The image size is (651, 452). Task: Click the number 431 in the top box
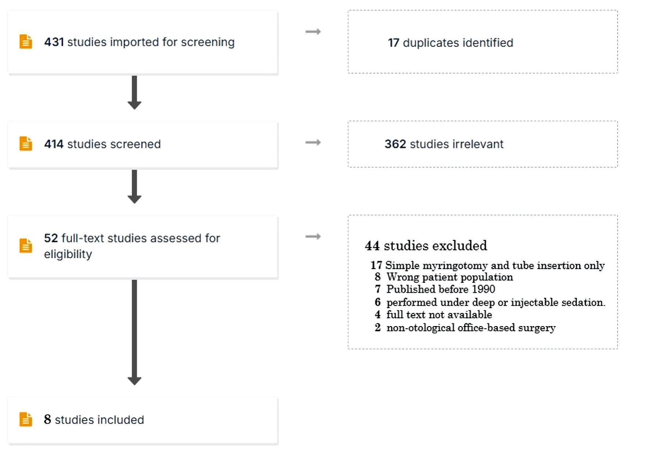54,42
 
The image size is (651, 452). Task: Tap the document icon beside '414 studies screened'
26,144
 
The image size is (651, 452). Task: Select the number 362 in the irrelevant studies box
395,144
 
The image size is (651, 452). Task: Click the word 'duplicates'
431,43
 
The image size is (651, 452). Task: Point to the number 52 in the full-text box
51,238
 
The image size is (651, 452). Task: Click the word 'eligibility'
68,254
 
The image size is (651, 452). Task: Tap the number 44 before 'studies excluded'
372,246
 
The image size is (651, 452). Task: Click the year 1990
483,289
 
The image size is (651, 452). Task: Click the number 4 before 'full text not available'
378,315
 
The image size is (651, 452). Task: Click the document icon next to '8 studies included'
26,419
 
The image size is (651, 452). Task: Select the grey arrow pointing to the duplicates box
313,32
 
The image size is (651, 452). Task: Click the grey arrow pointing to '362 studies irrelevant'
313,142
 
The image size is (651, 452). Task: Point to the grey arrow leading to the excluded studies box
313,236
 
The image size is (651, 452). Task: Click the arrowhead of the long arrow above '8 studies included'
134,381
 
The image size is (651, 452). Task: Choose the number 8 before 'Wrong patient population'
378,277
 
